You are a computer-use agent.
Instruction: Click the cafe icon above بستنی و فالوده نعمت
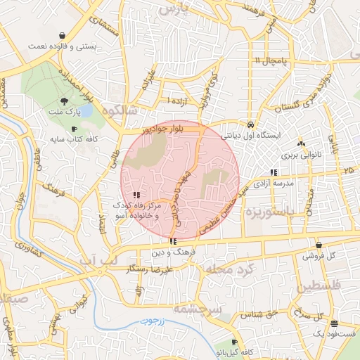(x=63, y=34)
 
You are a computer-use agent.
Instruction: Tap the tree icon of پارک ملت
(x=64, y=102)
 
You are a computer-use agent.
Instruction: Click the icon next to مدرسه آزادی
(x=273, y=172)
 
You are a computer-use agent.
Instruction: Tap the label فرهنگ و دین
(x=172, y=251)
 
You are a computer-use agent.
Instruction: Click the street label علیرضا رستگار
(x=150, y=269)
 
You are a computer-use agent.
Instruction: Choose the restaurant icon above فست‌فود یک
(x=333, y=323)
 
